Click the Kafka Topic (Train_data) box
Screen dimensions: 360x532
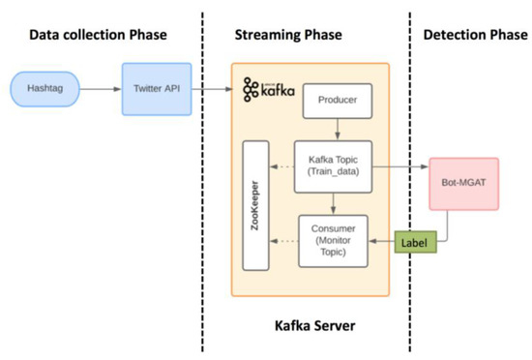point(333,166)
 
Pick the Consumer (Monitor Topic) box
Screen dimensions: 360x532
point(333,239)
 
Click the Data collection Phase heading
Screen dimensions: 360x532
point(98,35)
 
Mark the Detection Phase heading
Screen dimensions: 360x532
point(471,35)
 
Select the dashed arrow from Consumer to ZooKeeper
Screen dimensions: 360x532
point(282,239)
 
